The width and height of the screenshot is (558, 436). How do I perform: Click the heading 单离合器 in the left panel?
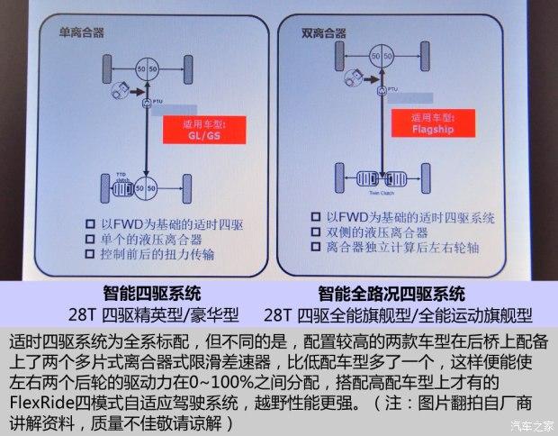click(82, 32)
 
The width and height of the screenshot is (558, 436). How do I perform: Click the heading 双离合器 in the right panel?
click(325, 32)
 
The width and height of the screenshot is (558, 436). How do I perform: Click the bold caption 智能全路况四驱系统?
click(391, 295)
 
